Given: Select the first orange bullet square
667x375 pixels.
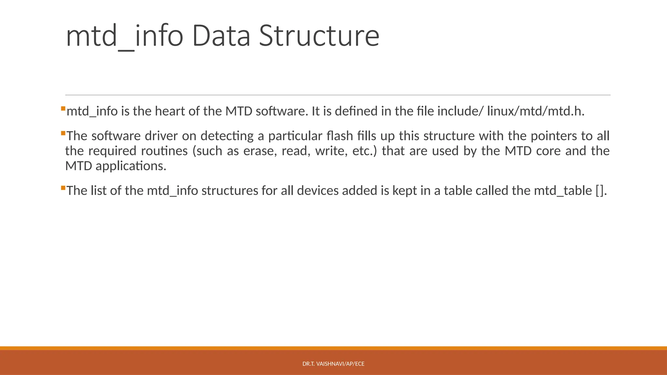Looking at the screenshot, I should [x=63, y=108].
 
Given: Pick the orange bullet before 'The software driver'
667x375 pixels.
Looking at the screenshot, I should [x=63, y=133].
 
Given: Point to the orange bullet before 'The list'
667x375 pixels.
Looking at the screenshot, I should [x=63, y=188].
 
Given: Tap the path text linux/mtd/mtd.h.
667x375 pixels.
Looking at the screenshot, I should [x=536, y=111].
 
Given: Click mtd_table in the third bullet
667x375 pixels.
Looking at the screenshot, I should [x=563, y=191].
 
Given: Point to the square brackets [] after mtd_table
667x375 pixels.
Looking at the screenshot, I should [x=600, y=191].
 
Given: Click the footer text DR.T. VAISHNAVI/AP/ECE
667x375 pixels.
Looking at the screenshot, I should [x=333, y=364].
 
